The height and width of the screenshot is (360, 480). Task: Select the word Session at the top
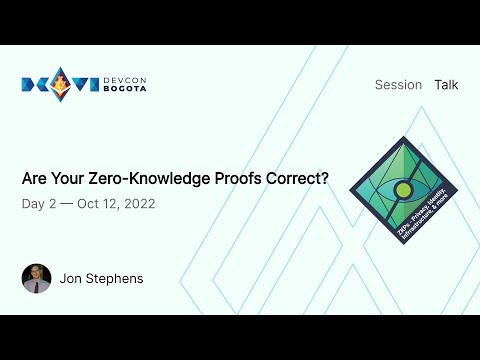coord(398,85)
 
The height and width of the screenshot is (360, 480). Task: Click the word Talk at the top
coord(446,85)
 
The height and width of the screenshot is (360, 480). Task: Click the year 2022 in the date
coord(137,204)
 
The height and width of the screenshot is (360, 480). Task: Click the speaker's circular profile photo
coord(36,278)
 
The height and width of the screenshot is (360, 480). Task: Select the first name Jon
coord(73,278)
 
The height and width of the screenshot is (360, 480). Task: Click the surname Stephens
coord(116,278)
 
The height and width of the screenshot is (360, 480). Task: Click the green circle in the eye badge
coord(402,188)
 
